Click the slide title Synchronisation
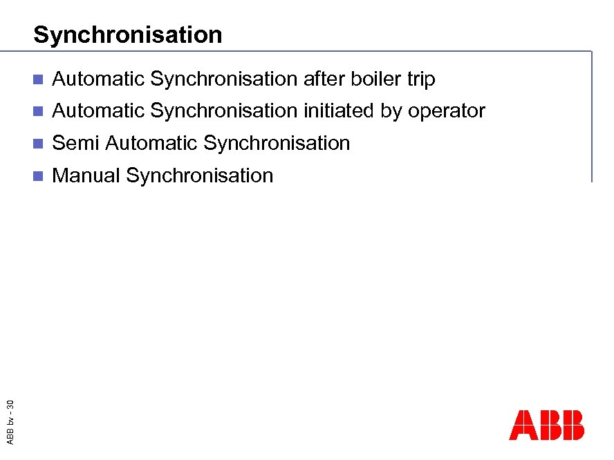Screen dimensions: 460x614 point(128,35)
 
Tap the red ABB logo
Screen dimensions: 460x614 point(546,425)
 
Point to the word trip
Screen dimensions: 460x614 point(421,80)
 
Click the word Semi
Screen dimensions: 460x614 point(76,143)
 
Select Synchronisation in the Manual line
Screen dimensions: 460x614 point(200,175)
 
